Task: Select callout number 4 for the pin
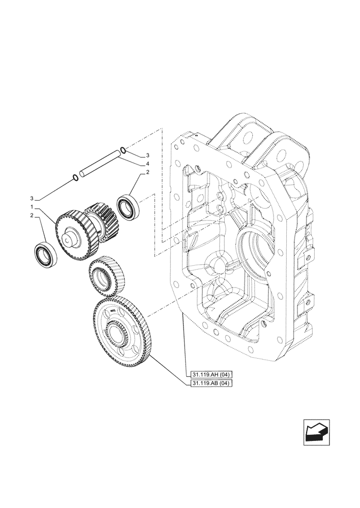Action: [x=147, y=164]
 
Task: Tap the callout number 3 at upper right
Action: [x=147, y=155]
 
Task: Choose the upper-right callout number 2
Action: [x=147, y=173]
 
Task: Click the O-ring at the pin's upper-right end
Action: [x=123, y=150]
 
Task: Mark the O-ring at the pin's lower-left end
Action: [x=75, y=177]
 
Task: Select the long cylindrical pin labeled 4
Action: [x=99, y=164]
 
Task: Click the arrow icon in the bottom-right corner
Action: [x=316, y=432]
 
